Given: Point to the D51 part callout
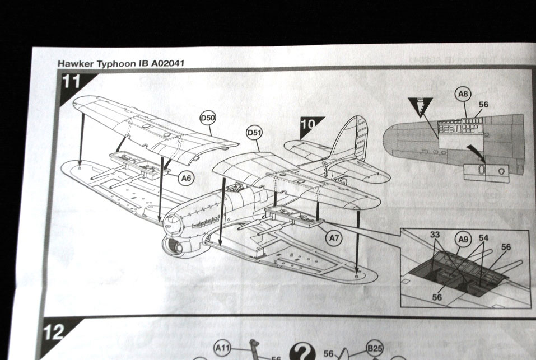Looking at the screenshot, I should (255, 133).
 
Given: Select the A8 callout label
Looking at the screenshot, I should (463, 95).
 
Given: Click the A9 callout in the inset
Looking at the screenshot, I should (463, 239).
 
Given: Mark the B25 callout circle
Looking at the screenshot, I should (375, 348).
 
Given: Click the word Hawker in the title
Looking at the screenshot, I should (75, 63).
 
